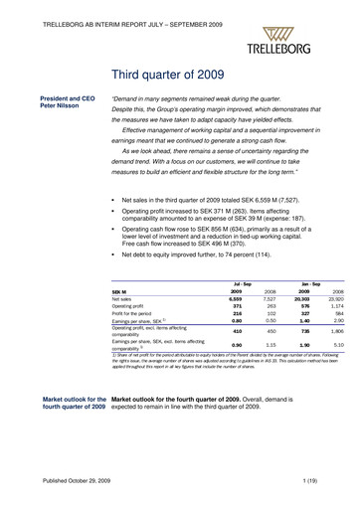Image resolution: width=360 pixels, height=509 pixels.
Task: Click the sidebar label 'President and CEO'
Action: (66, 98)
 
